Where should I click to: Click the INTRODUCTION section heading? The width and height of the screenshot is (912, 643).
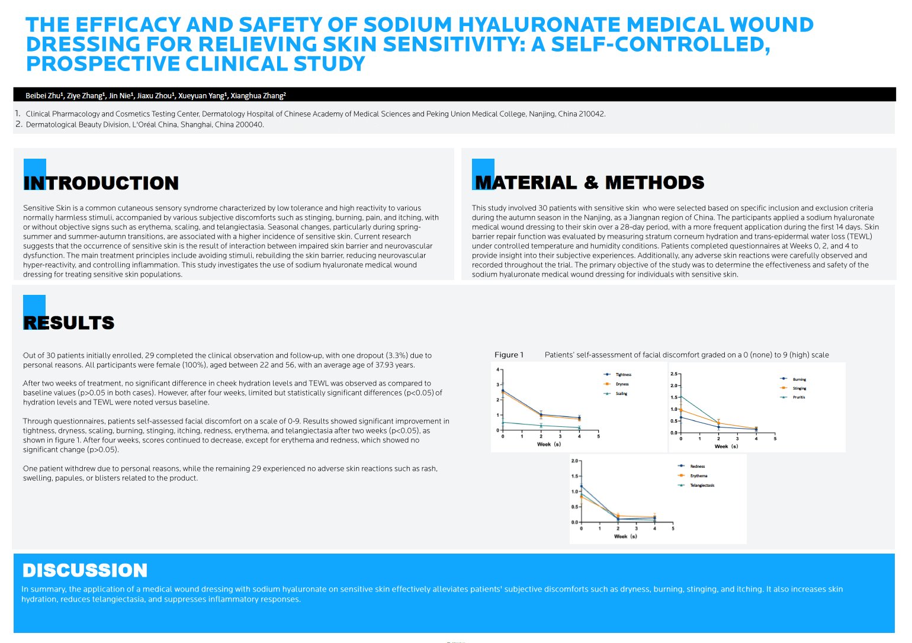click(x=101, y=183)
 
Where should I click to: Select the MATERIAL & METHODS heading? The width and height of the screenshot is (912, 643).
click(x=590, y=183)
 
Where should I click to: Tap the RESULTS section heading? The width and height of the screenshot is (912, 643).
click(x=69, y=323)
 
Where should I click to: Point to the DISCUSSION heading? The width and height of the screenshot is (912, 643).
click(x=85, y=570)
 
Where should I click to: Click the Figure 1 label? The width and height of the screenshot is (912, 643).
click(x=509, y=355)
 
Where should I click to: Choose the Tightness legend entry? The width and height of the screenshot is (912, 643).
click(x=623, y=375)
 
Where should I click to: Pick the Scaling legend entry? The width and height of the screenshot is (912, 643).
click(x=621, y=394)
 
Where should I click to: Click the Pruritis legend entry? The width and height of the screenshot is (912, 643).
click(x=799, y=397)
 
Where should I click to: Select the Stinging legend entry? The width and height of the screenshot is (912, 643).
click(x=799, y=388)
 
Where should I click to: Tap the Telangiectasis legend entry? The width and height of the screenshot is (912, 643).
click(x=702, y=486)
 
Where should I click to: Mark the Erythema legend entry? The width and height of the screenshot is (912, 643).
click(x=698, y=476)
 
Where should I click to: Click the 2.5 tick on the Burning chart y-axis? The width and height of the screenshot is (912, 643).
click(x=674, y=374)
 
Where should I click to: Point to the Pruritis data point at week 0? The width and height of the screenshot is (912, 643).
click(x=681, y=396)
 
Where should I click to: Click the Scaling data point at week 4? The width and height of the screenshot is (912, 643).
click(x=579, y=427)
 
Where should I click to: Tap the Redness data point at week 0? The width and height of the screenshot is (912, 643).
click(x=582, y=487)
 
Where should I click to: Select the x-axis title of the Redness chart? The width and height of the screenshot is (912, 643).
click(x=625, y=536)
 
